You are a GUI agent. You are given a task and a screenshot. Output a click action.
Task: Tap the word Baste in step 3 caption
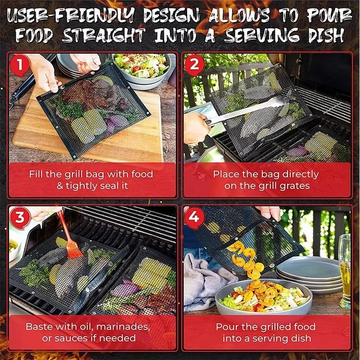click(40, 328)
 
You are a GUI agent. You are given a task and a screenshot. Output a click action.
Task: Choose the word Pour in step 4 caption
click(229, 328)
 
